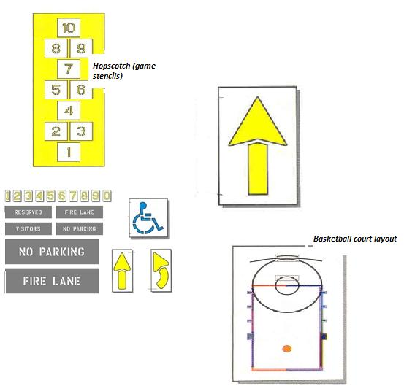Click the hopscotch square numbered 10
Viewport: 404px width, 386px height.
pyautogui.click(x=69, y=28)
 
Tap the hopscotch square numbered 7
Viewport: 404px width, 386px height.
pyautogui.click(x=69, y=69)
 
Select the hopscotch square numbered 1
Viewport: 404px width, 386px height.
pyautogui.click(x=69, y=152)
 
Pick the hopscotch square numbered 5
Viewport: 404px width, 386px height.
pyautogui.click(x=56, y=90)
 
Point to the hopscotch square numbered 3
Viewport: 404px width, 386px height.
pyautogui.click(x=81, y=131)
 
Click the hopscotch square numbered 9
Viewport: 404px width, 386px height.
pyautogui.click(x=81, y=48)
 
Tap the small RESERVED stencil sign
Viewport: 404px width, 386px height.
pyautogui.click(x=28, y=212)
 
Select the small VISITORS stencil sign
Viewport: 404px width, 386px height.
pyautogui.click(x=28, y=229)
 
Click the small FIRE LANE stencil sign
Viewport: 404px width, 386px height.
pyautogui.click(x=80, y=212)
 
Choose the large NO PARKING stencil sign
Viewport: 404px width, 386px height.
pyautogui.click(x=52, y=252)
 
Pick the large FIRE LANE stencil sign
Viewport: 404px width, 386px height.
pyautogui.click(x=52, y=281)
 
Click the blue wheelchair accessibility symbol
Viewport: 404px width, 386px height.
pyautogui.click(x=147, y=218)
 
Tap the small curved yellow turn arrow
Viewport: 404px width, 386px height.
pyautogui.click(x=161, y=270)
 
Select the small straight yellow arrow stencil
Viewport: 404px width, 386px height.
pyautogui.click(x=122, y=271)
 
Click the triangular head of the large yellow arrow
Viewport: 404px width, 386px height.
pyautogui.click(x=257, y=123)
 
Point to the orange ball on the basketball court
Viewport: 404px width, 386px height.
pyautogui.click(x=287, y=349)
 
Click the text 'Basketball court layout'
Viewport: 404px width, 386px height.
pyautogui.click(x=355, y=239)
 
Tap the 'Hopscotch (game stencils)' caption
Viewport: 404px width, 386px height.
pyautogui.click(x=124, y=71)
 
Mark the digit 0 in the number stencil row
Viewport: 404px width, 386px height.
pyautogui.click(x=107, y=196)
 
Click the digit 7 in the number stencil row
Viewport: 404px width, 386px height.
pyautogui.click(x=73, y=196)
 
